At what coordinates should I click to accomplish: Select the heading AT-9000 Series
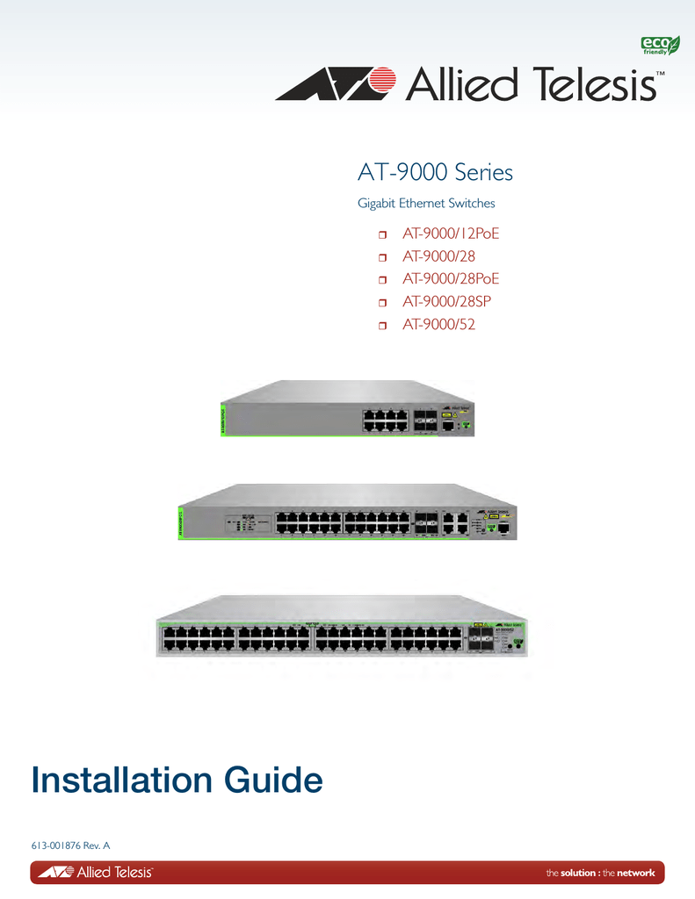coord(435,172)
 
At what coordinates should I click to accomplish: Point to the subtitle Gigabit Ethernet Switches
coord(426,204)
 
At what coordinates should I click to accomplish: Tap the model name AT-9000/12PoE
coord(456,234)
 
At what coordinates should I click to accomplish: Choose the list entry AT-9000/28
coord(438,257)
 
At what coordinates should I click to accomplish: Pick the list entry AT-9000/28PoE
coord(456,280)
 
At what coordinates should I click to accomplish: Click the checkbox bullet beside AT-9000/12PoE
coord(383,235)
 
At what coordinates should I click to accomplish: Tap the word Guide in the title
coord(275,780)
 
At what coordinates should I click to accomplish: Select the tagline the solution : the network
coord(600,873)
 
